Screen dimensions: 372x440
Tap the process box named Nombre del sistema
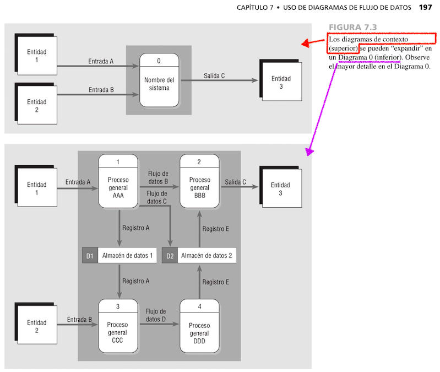[x=159, y=80]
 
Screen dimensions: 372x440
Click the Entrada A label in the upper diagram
[x=101, y=61]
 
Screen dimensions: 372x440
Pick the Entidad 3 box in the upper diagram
[x=281, y=82]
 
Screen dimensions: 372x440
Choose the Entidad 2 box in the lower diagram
[x=37, y=326]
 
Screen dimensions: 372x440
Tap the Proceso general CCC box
[x=118, y=326]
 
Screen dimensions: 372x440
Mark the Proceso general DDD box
[x=199, y=326]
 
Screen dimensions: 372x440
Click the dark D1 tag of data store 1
[x=90, y=256]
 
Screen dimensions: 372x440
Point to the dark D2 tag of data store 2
[x=170, y=256]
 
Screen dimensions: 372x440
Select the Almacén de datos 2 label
[x=207, y=256]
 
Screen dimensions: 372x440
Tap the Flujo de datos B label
[x=158, y=177]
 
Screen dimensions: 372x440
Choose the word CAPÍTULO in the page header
[x=256, y=8]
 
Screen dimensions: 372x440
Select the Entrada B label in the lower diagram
[x=79, y=320]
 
